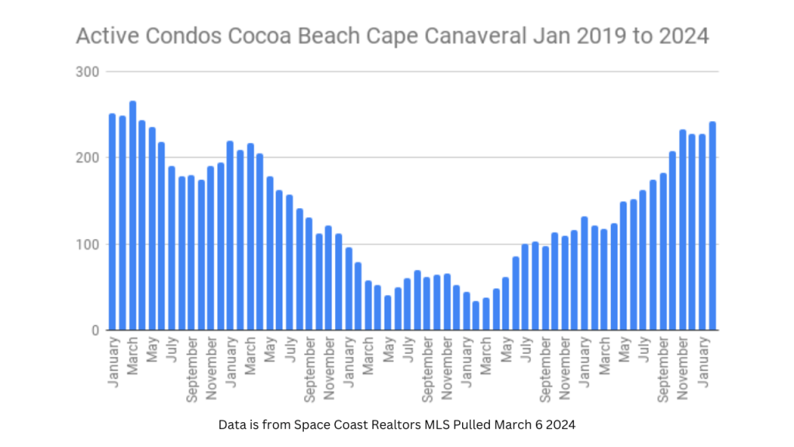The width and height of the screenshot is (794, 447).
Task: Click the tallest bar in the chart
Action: click(x=133, y=216)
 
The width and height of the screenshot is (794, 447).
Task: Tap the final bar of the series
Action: click(x=713, y=226)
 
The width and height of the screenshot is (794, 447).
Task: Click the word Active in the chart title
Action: click(x=102, y=36)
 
